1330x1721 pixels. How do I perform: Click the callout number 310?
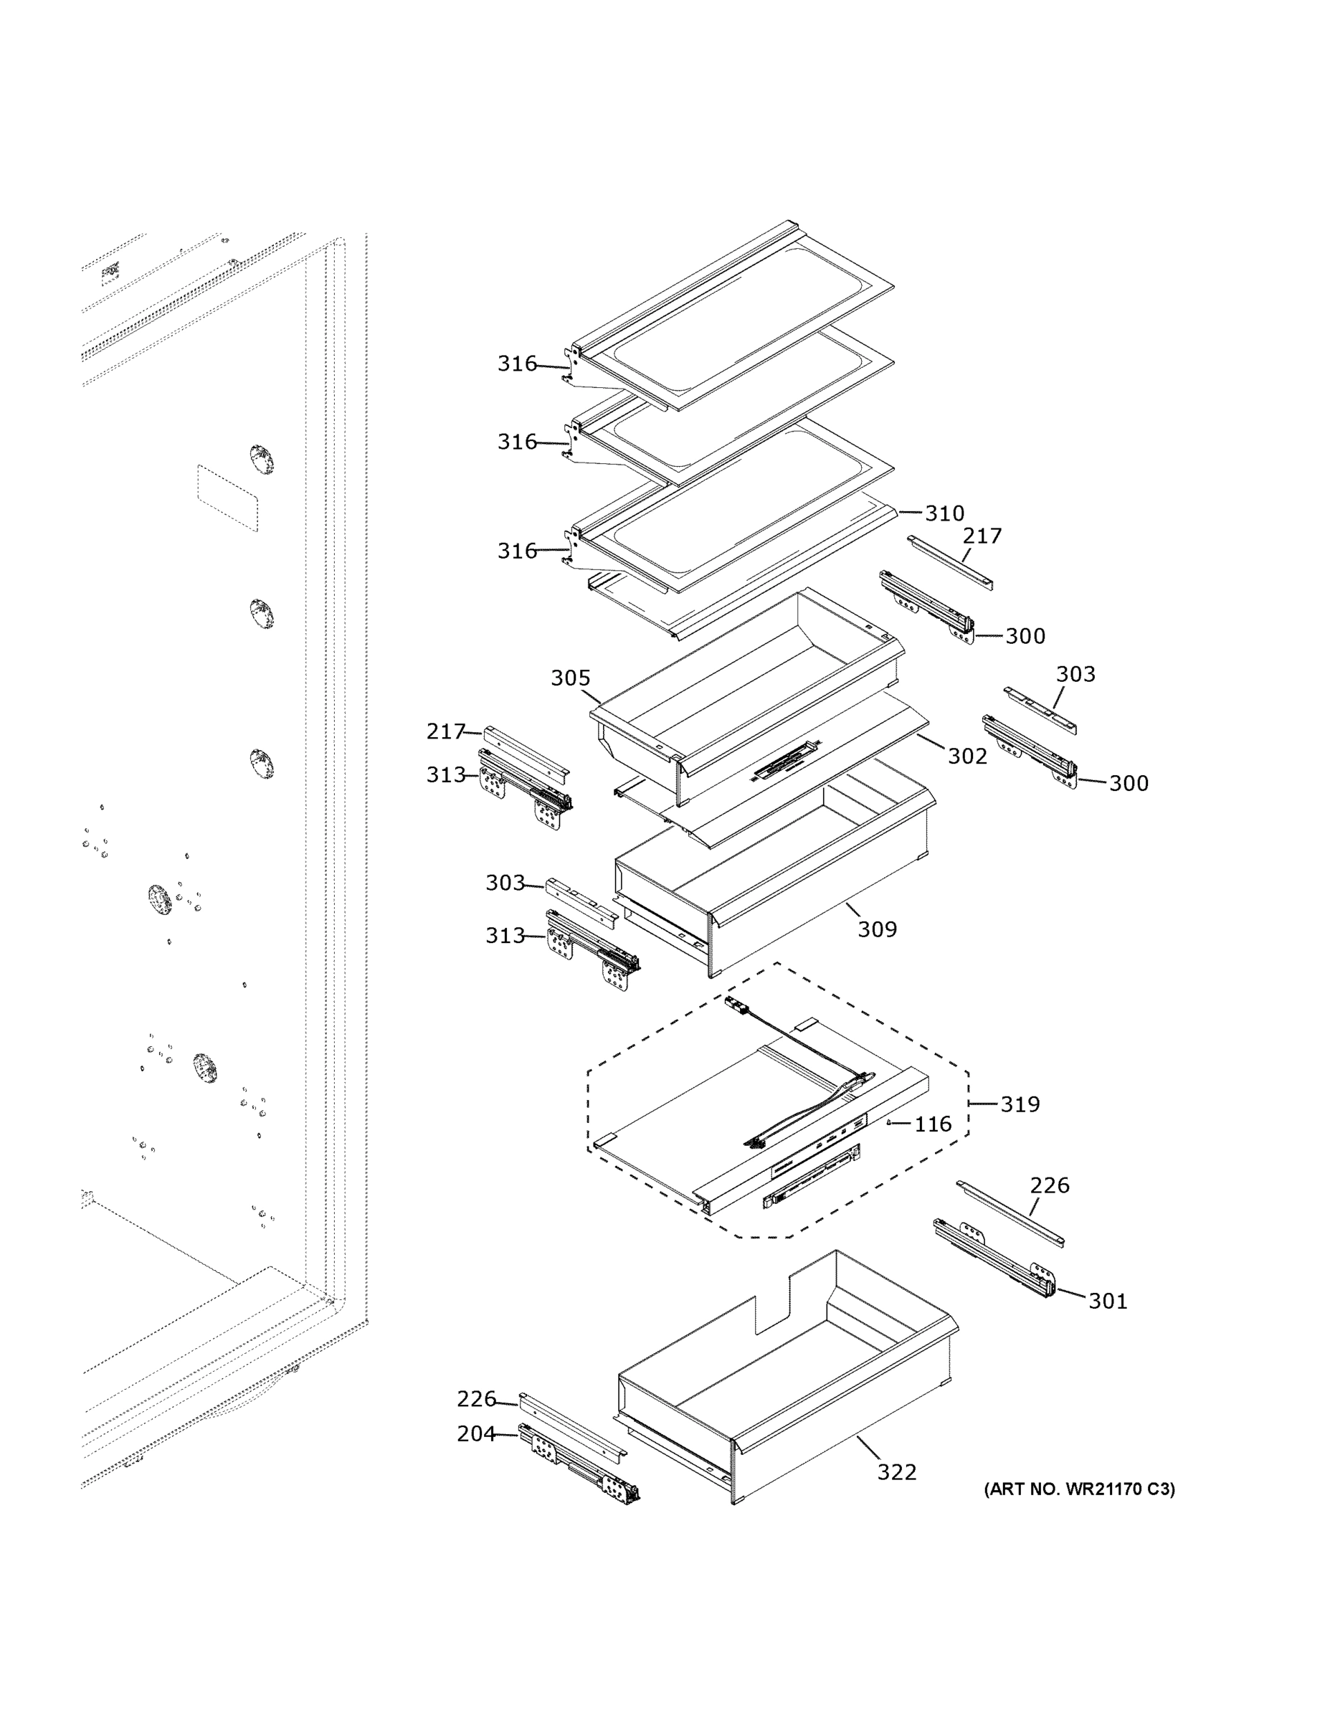[944, 513]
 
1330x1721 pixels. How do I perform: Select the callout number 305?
[570, 678]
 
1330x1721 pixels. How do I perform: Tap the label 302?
[966, 756]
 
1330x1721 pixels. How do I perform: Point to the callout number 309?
[877, 929]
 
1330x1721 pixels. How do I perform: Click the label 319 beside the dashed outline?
[1020, 1104]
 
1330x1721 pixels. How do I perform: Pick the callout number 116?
[933, 1124]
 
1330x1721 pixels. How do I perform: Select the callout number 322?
[897, 1472]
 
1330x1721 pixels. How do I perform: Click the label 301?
[1108, 1301]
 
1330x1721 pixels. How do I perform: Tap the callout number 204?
[477, 1433]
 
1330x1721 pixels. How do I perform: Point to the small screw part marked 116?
[890, 1123]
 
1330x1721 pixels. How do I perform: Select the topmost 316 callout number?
[517, 364]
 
